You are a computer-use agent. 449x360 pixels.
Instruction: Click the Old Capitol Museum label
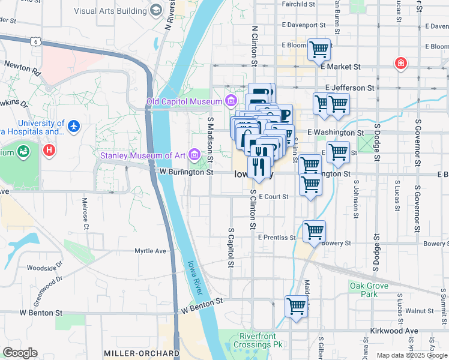point(184,101)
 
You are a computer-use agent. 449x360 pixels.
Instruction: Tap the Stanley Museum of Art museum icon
point(194,155)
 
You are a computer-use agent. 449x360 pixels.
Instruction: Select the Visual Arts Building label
point(111,10)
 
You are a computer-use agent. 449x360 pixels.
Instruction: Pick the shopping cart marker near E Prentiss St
point(314,231)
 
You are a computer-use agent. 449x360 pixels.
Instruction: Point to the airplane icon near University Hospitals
point(74,127)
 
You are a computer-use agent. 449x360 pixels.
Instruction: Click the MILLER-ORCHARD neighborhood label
point(141,353)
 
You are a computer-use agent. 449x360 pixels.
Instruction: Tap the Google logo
point(19,353)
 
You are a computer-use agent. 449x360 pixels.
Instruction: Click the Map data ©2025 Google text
point(412,355)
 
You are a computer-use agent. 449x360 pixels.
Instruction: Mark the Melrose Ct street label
point(85,214)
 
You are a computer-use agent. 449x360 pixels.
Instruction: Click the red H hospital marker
point(49,149)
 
